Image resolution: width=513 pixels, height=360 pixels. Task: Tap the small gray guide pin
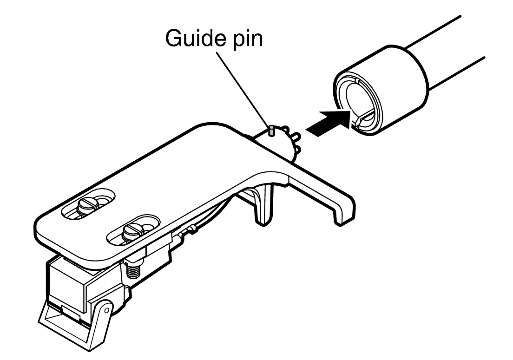271,131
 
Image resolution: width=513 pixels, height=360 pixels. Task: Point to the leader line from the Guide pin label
243,89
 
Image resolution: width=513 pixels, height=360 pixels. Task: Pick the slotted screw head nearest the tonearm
132,231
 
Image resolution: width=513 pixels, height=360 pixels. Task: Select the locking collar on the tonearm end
381,90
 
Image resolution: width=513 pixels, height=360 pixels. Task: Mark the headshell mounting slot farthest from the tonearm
88,204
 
